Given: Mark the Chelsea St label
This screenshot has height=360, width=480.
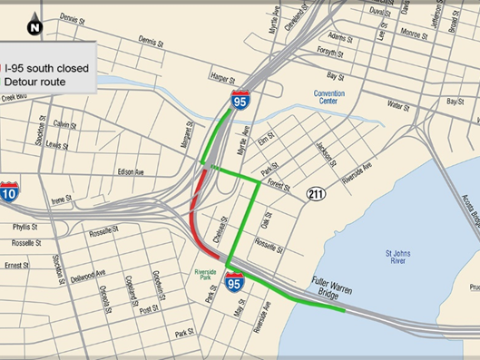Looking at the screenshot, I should click(219, 228).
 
